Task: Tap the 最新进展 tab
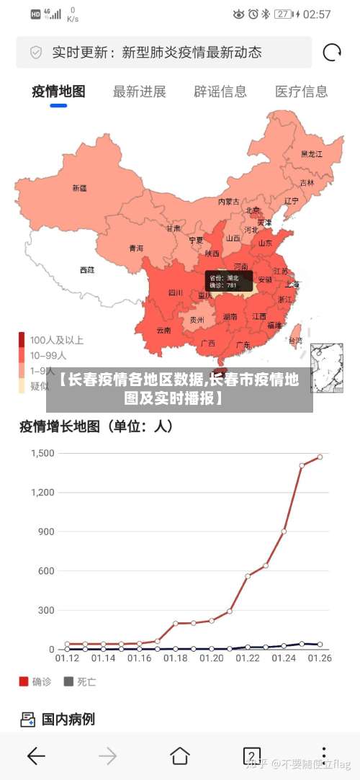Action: pos(140,91)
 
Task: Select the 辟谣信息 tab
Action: pos(220,91)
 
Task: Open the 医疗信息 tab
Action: pos(301,91)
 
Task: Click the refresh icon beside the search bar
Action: pos(332,53)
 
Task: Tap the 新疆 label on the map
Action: pos(79,188)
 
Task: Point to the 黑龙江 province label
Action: pos(312,153)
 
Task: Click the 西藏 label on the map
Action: pos(87,270)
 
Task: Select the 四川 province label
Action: pos(176,292)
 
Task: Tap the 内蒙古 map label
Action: pos(229,202)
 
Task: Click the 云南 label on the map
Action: pos(163,331)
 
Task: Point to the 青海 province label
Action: pos(136,248)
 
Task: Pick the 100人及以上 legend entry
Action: pos(56,340)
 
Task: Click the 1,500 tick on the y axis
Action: pos(42,453)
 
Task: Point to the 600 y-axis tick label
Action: pos(45,571)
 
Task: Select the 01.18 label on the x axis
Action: pos(176,658)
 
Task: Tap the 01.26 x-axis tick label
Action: pos(320,658)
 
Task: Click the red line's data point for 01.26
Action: pos(320,457)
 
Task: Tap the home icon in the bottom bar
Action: pos(180,756)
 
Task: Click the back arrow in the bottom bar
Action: pos(36,756)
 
